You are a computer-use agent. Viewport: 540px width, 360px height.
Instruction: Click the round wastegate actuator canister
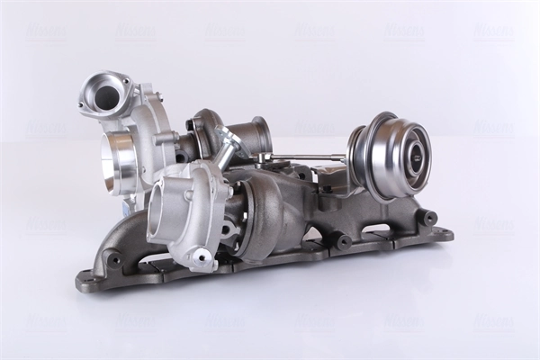pos(396,155)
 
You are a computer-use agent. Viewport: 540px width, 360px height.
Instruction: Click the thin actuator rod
pos(306,157)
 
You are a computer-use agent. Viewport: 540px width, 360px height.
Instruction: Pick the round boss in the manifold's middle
pos(343,241)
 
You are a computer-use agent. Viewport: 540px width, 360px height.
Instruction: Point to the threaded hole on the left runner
pos(114,260)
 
